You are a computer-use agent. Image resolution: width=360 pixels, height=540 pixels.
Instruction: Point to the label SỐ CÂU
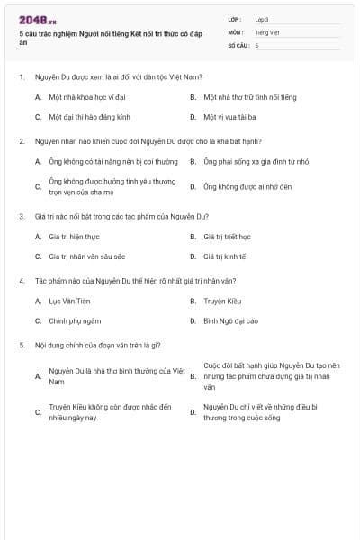(x=237, y=44)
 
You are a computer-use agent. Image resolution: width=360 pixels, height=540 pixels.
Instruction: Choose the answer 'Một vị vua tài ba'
(x=229, y=116)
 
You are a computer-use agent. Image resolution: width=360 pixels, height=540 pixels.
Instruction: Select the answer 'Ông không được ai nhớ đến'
(x=239, y=186)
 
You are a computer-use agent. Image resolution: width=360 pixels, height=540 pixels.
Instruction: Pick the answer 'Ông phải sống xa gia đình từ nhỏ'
(x=245, y=161)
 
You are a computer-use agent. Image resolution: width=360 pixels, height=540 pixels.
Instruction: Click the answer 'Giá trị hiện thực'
(x=72, y=236)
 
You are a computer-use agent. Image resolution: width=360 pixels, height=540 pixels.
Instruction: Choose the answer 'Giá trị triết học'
(x=227, y=236)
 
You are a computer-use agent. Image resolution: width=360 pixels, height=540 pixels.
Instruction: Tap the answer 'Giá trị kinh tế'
(x=224, y=256)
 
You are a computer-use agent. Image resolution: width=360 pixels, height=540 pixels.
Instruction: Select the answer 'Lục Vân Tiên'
(x=67, y=301)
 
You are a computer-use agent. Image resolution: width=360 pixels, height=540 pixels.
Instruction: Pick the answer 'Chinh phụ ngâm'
(x=71, y=320)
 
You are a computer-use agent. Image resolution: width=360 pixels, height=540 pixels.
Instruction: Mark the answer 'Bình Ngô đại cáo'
(x=230, y=320)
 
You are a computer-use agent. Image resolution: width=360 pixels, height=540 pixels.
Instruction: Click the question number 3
(x=21, y=216)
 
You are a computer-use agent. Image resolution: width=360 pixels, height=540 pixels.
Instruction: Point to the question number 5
(x=21, y=345)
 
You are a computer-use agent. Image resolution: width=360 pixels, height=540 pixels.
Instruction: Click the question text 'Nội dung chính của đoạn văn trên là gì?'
(x=97, y=345)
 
